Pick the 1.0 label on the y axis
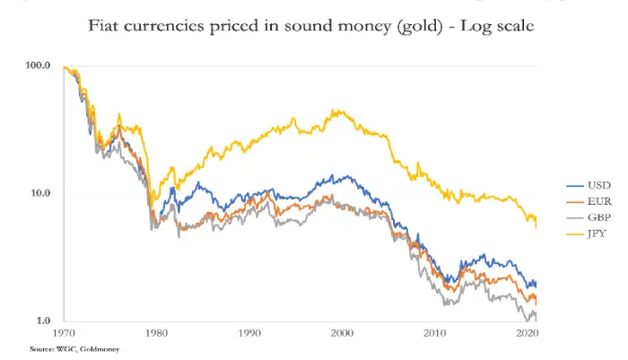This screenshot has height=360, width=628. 43,320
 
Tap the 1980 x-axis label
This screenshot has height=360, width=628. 158,332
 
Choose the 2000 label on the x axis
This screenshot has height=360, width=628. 341,332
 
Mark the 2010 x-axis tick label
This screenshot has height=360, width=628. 435,332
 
